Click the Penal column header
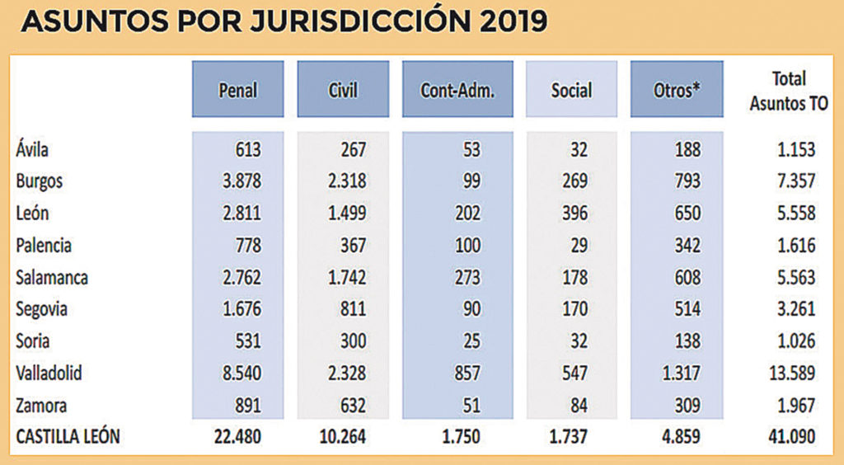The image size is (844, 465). (237, 89)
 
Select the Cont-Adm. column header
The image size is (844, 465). (457, 89)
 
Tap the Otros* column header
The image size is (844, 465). (677, 89)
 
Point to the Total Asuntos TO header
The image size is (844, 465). (789, 89)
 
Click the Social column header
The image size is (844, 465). (571, 89)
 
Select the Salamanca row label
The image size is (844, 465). (51, 277)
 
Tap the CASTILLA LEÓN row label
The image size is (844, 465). (68, 436)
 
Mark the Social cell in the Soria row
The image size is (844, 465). (572, 341)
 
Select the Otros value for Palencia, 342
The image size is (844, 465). (686, 246)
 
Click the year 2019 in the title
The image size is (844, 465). (509, 22)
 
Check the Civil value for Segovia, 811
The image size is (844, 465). (351, 309)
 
